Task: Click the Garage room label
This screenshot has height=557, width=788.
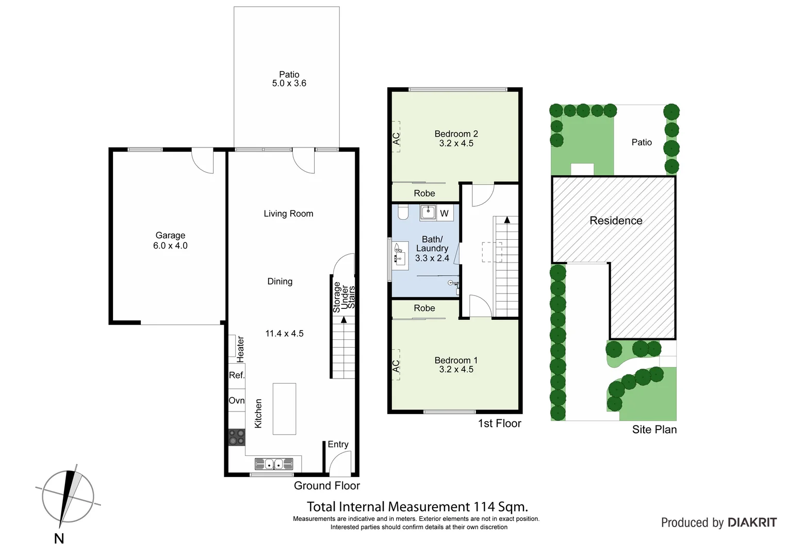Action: coord(170,236)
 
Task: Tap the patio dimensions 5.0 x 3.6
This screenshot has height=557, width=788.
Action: coord(289,84)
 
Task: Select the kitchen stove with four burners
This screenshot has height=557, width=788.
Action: coord(237,437)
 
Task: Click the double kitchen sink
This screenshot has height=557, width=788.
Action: coord(274,464)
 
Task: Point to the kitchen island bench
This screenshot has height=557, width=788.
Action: coord(284,409)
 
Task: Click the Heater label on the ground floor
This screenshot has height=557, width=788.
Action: coord(240,349)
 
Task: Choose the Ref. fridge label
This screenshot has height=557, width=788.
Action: coord(237,375)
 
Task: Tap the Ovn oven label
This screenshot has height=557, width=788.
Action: coord(237,401)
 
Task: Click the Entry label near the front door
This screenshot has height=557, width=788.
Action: coord(338,445)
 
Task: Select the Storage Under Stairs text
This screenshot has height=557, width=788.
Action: coord(344,297)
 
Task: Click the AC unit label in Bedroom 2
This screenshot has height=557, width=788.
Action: coord(396,139)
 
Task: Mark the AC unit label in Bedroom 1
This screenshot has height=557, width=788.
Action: coord(396,366)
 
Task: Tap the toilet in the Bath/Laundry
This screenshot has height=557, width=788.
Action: coord(403,212)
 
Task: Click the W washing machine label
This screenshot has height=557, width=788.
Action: coord(444,214)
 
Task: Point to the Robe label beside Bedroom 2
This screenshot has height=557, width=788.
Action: coord(424,193)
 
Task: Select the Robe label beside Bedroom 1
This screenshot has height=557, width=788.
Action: coord(424,308)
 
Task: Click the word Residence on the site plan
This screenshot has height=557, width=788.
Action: coord(616,221)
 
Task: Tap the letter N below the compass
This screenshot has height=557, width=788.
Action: coord(59,539)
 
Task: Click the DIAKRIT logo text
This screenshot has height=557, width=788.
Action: coord(752,522)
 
